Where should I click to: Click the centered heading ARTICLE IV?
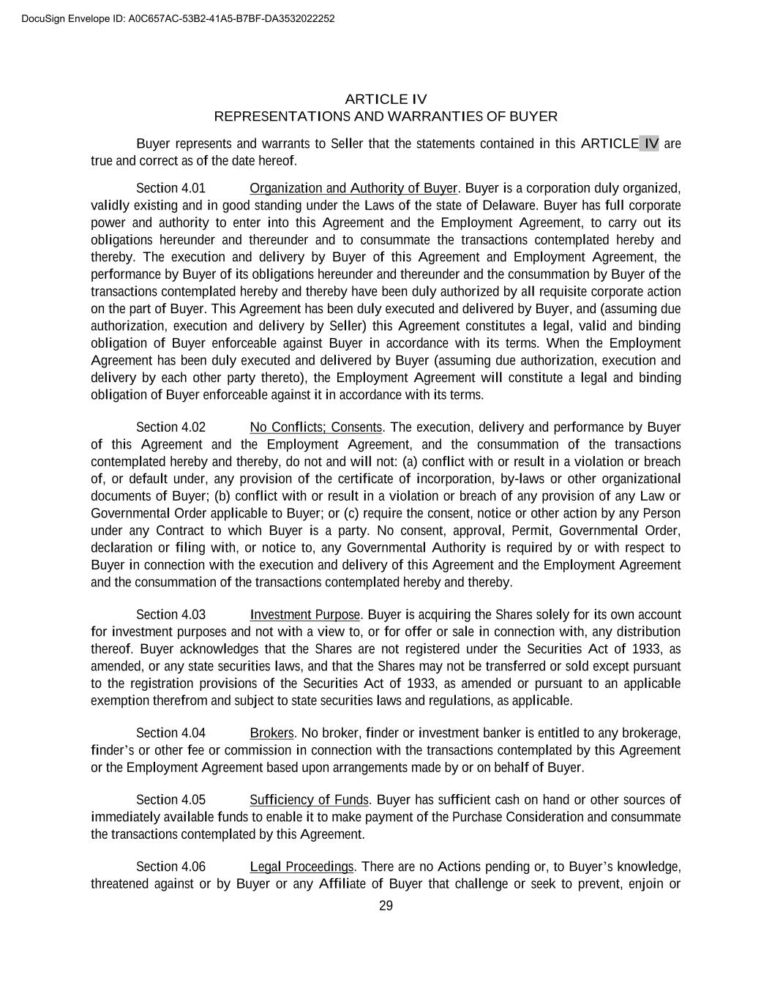point(386,99)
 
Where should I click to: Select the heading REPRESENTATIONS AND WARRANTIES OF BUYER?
point(386,116)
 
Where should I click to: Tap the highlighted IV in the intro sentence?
point(650,143)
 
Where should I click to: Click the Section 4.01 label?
point(170,188)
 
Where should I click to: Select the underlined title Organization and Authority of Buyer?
point(353,188)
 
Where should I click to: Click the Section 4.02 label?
point(170,427)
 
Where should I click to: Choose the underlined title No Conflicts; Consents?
point(316,427)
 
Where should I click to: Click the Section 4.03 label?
point(170,615)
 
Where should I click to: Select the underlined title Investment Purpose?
point(305,615)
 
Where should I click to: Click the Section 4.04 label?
point(170,733)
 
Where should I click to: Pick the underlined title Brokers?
point(271,733)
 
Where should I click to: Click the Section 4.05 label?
point(170,800)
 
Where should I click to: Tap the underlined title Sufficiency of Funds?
point(309,800)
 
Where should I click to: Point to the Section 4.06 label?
point(170,867)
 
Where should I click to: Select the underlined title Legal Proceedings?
point(302,867)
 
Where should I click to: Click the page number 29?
point(386,906)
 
